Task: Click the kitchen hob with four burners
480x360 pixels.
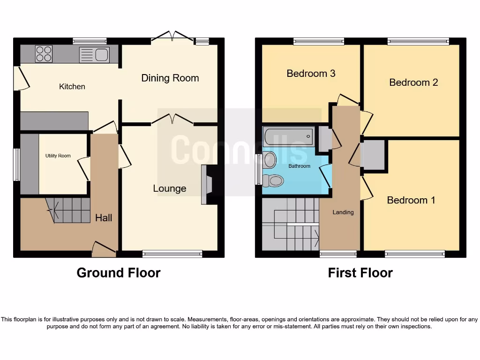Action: pyautogui.click(x=44, y=53)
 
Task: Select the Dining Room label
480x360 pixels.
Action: pyautogui.click(x=170, y=78)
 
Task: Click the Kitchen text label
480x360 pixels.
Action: pyautogui.click(x=72, y=87)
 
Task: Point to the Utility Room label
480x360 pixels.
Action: pyautogui.click(x=58, y=156)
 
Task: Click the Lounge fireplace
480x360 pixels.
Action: pyautogui.click(x=207, y=185)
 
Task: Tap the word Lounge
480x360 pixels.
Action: pyautogui.click(x=170, y=188)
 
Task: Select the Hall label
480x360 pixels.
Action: pyautogui.click(x=104, y=217)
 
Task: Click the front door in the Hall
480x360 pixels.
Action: pyautogui.click(x=104, y=248)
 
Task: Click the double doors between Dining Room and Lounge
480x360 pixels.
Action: pyautogui.click(x=172, y=120)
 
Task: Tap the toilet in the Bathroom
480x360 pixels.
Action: pyautogui.click(x=273, y=181)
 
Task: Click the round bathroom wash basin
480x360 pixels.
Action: pyautogui.click(x=270, y=160)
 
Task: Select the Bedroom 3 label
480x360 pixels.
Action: pyautogui.click(x=311, y=74)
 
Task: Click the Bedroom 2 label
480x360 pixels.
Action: pyautogui.click(x=413, y=82)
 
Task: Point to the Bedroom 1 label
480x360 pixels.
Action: pyautogui.click(x=411, y=200)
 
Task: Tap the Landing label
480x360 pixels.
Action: pyautogui.click(x=343, y=212)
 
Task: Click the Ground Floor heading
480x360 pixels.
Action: pyautogui.click(x=119, y=273)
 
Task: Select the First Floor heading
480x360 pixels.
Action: pyautogui.click(x=360, y=273)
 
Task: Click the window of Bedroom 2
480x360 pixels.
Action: pyautogui.click(x=418, y=42)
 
